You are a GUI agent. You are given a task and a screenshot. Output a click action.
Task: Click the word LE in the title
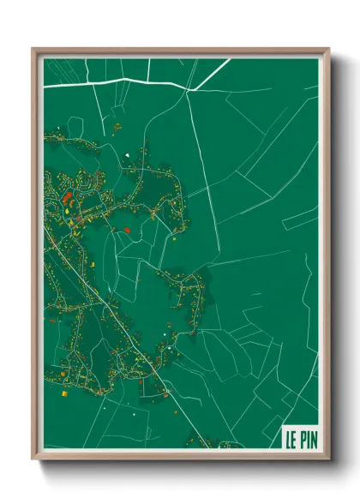(291, 440)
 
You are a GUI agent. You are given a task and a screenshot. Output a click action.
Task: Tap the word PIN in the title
(306, 440)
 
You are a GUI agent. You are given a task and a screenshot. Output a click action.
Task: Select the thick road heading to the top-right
(213, 74)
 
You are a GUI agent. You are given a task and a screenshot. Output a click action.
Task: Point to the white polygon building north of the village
(127, 155)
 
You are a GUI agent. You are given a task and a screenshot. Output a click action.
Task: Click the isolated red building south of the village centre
(126, 230)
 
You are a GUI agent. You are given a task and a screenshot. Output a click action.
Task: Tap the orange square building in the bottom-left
(63, 395)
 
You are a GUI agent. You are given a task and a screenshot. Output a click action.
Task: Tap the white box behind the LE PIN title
(300, 438)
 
